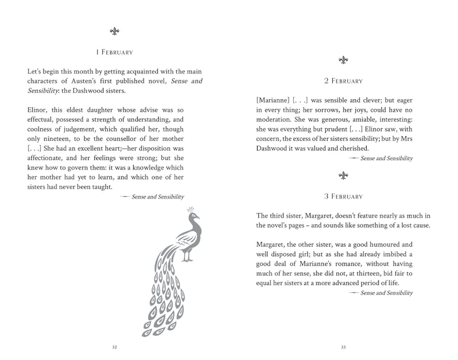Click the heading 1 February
tap(114, 52)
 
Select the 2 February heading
tap(343, 81)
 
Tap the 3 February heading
tap(343, 196)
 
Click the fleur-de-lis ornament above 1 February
tap(114, 31)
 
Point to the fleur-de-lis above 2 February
tap(343, 60)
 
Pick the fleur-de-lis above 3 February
tap(343, 176)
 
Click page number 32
tap(114, 347)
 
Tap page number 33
tap(343, 347)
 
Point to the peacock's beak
tap(198, 218)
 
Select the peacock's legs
tap(188, 255)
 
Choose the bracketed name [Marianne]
tap(273, 100)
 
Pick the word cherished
tap(353, 148)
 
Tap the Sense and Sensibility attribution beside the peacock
tap(157, 197)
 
